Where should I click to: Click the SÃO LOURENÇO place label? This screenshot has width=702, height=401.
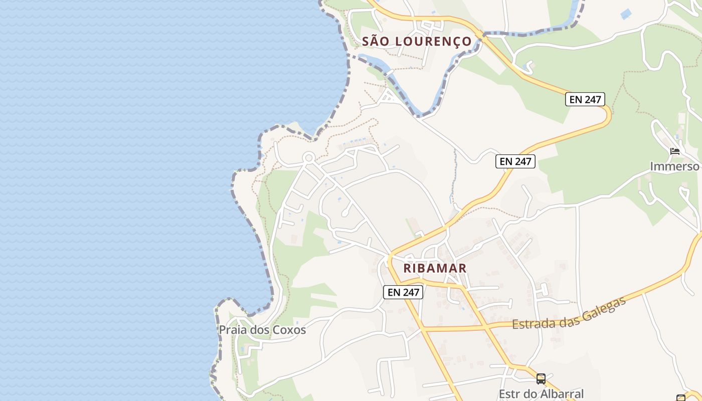417,41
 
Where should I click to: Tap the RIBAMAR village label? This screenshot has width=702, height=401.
435,268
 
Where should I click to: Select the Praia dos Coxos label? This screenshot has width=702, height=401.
262,330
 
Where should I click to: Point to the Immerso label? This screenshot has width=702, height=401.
674,166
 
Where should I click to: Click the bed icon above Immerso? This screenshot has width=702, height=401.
675,151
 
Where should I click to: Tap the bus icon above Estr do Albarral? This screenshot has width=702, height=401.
541,378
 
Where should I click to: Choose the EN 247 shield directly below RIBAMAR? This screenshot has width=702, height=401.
403,292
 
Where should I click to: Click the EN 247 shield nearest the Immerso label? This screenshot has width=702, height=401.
585,99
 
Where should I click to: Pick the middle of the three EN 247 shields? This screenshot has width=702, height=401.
515,161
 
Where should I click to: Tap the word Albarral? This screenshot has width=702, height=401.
559,394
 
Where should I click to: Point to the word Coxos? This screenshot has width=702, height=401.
290,330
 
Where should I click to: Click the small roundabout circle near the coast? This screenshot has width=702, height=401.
308,158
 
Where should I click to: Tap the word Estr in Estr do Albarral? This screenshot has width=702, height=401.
508,394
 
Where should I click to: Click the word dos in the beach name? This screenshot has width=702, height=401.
260,330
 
